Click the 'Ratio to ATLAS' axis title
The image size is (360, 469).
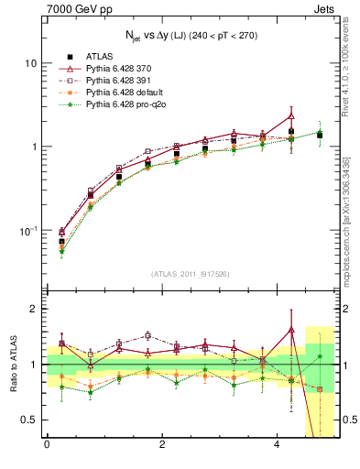tap(12, 364)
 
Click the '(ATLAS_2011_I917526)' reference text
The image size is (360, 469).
tap(190, 274)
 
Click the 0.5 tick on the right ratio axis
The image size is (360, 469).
tap(344, 420)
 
